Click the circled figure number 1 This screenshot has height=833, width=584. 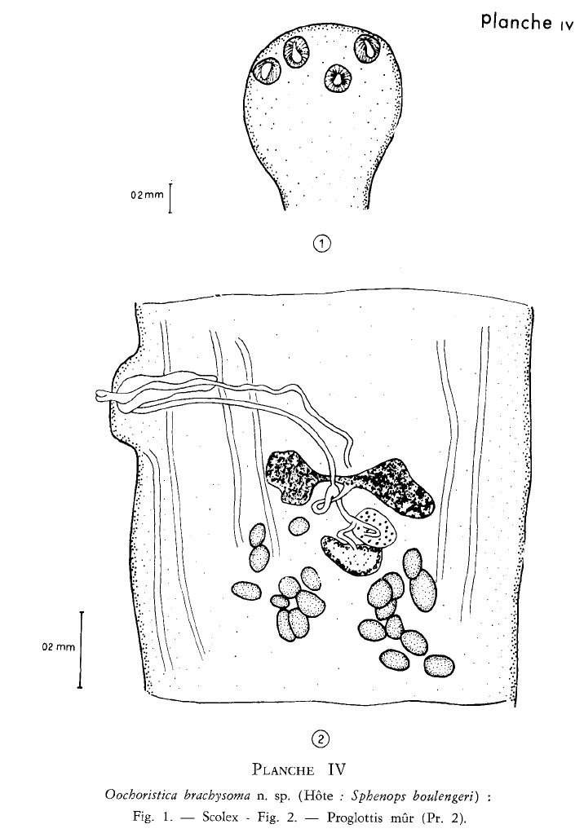(x=321, y=244)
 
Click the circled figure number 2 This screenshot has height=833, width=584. (x=321, y=738)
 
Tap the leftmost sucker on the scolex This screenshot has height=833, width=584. (x=268, y=70)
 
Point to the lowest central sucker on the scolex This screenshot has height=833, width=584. (x=338, y=78)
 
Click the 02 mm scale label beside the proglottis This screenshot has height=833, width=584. (x=59, y=647)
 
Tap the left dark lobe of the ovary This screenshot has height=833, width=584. (x=290, y=475)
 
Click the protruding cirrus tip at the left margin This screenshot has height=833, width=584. (x=103, y=395)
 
